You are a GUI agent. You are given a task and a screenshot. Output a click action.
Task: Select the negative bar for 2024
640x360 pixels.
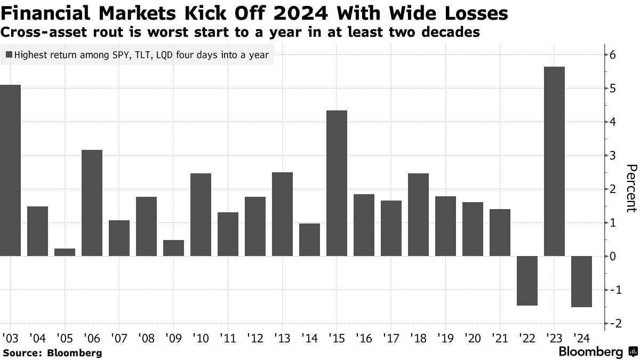(581, 281)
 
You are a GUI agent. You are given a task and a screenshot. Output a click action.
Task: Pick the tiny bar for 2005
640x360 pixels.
(65, 252)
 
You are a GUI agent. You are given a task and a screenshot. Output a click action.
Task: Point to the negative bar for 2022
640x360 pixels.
(527, 281)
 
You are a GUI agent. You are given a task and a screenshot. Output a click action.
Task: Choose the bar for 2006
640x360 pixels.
(92, 203)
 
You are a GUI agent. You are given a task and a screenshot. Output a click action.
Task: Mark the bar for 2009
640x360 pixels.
(174, 248)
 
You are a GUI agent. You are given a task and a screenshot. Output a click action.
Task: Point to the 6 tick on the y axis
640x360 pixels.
(613, 55)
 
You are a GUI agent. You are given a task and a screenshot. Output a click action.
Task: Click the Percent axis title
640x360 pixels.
(630, 189)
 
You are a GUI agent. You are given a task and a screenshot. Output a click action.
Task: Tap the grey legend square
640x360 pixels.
(9, 54)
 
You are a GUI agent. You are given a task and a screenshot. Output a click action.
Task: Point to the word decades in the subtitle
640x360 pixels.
(449, 33)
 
